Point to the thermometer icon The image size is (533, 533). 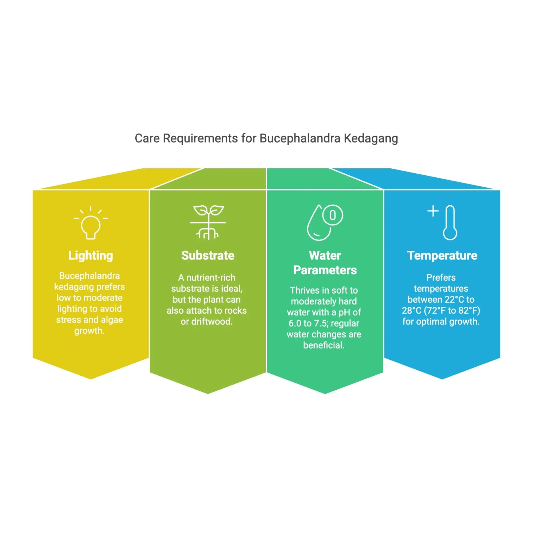(x=450, y=223)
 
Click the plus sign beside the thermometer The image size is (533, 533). (x=433, y=211)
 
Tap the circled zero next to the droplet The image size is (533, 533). (x=332, y=215)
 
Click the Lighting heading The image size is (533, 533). (x=91, y=256)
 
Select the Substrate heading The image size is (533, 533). (x=208, y=256)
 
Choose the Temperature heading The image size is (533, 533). (x=442, y=256)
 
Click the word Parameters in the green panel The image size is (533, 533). (x=325, y=270)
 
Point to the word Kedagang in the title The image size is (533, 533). (x=371, y=138)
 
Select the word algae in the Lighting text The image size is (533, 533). (x=111, y=320)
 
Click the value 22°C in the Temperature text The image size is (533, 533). (x=454, y=299)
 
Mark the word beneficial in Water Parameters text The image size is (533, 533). (x=323, y=345)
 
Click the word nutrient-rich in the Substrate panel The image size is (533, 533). (x=211, y=277)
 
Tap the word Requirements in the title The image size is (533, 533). (x=200, y=138)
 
